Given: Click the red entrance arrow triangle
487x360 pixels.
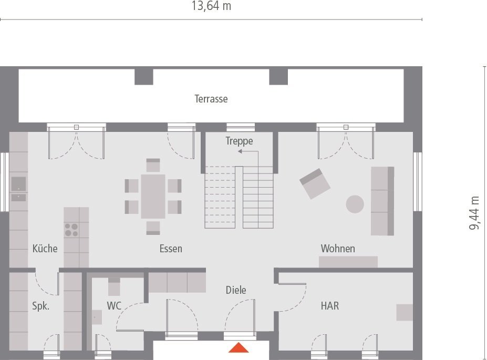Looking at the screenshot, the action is click(x=239, y=348).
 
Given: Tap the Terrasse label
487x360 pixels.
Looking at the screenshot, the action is click(x=211, y=99).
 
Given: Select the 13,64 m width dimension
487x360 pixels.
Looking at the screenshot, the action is click(x=211, y=6).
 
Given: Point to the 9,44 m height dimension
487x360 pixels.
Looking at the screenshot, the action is click(x=474, y=213).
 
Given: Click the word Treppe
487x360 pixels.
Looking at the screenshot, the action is click(x=239, y=141).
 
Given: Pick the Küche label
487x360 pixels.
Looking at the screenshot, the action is click(x=45, y=249).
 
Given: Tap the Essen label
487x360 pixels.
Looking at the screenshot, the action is click(x=171, y=249).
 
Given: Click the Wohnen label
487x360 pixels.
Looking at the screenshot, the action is click(x=338, y=249).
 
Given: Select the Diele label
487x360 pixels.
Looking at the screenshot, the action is click(x=236, y=290).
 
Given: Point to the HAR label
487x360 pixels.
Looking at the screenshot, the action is click(x=330, y=306).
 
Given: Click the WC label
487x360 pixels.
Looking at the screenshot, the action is click(x=114, y=306).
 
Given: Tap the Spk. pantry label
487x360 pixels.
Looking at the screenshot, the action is click(x=40, y=306).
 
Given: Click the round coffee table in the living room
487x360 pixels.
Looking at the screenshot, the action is click(x=355, y=204).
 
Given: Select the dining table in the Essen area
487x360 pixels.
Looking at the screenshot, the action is click(x=153, y=197).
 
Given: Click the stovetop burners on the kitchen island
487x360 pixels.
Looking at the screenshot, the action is click(x=71, y=230).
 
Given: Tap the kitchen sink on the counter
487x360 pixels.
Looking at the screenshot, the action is click(x=18, y=184).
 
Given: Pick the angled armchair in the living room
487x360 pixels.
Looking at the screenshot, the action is click(x=315, y=183).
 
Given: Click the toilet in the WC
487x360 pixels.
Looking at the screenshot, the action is click(x=114, y=287).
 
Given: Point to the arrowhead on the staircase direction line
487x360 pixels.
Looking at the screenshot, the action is click(x=240, y=151).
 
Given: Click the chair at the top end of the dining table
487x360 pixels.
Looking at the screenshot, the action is click(x=153, y=165).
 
